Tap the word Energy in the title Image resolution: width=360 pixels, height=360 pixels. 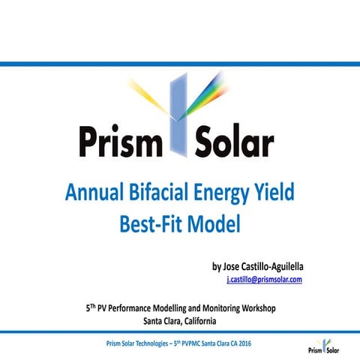coord(225,194)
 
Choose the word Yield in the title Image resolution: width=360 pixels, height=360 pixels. coord(277,194)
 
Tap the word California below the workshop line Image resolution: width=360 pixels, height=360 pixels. coord(194,321)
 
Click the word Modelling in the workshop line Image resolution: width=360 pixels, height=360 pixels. coord(166,307)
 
